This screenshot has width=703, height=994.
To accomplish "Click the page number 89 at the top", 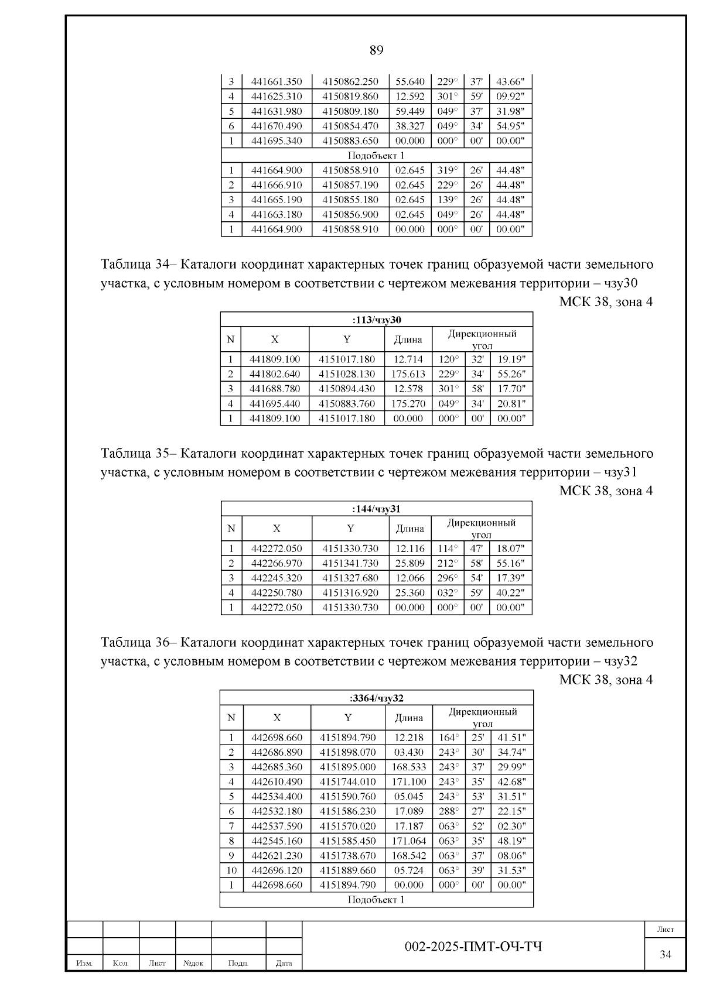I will pyautogui.click(x=376, y=50).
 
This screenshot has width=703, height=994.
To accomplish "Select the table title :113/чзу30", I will pyautogui.click(x=377, y=320).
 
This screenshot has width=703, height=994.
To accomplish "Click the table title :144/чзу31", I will pyautogui.click(x=376, y=509).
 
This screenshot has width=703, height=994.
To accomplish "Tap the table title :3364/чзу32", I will pyautogui.click(x=377, y=698).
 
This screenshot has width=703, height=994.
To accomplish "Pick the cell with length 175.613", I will pyautogui.click(x=408, y=374).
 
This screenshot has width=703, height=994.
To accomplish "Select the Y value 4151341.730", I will pyautogui.click(x=350, y=563).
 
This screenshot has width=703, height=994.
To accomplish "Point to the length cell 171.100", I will pyautogui.click(x=409, y=782).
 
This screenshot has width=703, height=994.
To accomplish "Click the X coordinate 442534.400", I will pyautogui.click(x=277, y=796).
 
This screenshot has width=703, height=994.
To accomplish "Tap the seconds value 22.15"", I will pyautogui.click(x=511, y=811).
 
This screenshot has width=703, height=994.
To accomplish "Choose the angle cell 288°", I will pyautogui.click(x=449, y=811).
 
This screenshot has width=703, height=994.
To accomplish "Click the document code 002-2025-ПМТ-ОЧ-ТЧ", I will pyautogui.click(x=473, y=947).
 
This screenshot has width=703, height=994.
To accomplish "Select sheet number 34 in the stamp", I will pyautogui.click(x=666, y=955).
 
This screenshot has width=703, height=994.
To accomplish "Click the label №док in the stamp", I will pyautogui.click(x=193, y=963).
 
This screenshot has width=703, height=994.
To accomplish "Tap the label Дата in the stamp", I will pyautogui.click(x=284, y=963).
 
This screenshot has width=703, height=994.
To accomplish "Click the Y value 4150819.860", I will pyautogui.click(x=350, y=96).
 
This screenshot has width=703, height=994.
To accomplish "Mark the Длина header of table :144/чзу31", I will pyautogui.click(x=409, y=529).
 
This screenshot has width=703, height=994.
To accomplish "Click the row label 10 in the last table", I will pyautogui.click(x=231, y=870).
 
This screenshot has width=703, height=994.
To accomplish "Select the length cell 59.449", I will pyautogui.click(x=409, y=111).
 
